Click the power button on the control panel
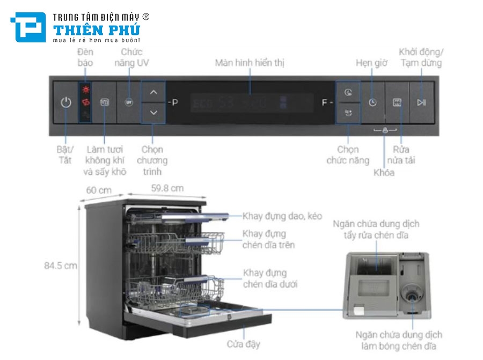click(65, 102)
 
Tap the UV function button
click(128, 102)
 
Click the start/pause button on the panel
click(421, 102)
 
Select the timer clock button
click(372, 102)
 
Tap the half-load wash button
click(397, 102)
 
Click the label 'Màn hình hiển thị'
click(250, 63)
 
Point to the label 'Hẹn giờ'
click(371, 63)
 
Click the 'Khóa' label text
click(384, 172)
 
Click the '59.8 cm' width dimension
click(167, 188)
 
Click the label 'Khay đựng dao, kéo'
click(282, 216)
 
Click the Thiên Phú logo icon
click(28, 27)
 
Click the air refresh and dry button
click(105, 102)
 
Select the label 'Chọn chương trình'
click(152, 160)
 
